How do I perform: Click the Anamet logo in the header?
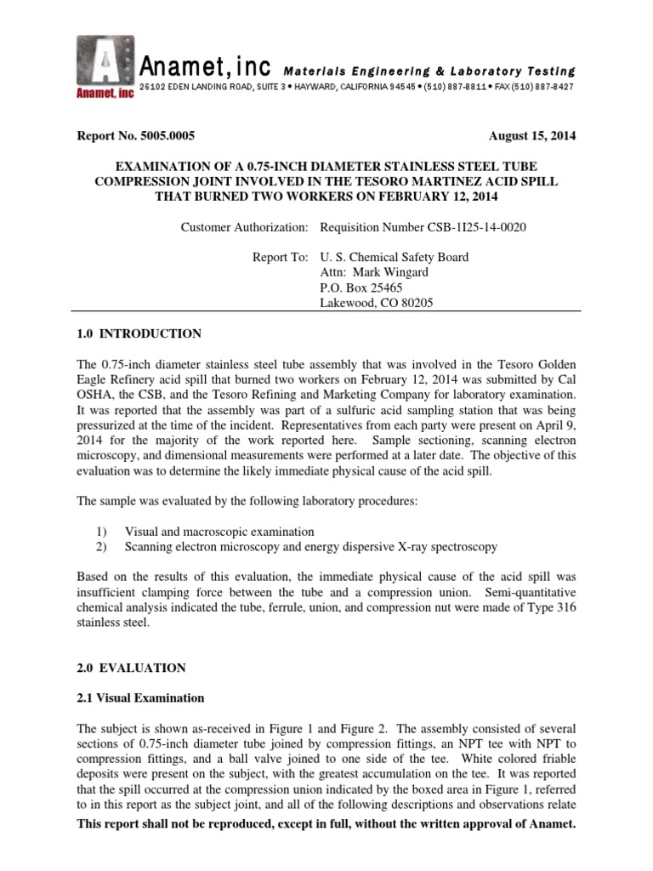coord(104,68)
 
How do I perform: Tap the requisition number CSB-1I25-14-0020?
coord(415,228)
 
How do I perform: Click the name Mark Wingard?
coord(380,273)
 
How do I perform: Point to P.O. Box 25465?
coord(355,288)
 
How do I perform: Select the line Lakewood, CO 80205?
coord(376,304)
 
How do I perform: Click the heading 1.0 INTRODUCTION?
coord(139,333)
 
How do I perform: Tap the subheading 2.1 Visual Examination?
coord(140,698)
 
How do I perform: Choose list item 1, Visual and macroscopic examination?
coord(219,531)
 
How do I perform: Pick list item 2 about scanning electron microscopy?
coord(311,546)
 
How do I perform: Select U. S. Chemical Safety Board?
coord(393,258)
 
